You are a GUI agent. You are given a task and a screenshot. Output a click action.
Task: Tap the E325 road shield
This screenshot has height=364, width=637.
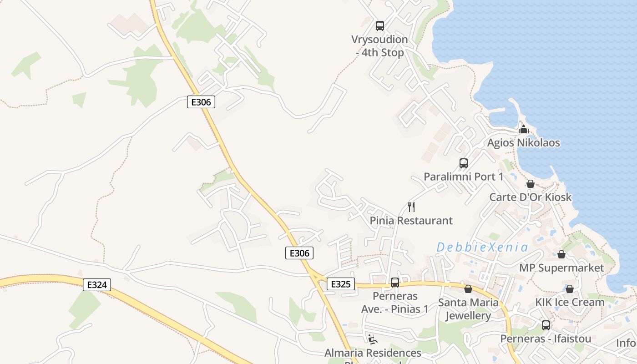(x=340, y=284)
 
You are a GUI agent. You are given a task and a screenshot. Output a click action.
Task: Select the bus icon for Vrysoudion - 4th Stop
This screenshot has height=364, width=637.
(x=380, y=26)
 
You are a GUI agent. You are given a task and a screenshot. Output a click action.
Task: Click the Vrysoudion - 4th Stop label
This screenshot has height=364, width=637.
(x=379, y=46)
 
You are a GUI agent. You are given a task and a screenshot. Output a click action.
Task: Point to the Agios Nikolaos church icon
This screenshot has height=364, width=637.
(x=524, y=129)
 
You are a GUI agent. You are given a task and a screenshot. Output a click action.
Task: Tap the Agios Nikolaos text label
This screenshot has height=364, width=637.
(x=523, y=143)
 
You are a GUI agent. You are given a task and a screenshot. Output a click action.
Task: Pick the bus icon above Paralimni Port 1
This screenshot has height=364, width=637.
(x=464, y=163)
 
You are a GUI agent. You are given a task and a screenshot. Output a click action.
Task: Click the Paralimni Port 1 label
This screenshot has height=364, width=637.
(x=463, y=177)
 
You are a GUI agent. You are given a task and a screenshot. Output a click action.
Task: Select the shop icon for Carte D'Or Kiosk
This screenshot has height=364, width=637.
(x=531, y=184)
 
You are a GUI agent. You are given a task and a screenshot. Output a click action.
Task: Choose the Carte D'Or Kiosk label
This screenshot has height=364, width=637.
(x=530, y=197)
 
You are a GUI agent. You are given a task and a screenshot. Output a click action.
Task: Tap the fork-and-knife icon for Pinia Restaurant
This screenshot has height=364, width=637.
(x=411, y=207)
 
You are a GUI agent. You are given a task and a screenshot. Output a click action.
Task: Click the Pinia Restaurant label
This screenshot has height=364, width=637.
(x=411, y=221)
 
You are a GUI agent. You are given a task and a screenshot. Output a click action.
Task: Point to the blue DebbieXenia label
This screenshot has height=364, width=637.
(x=482, y=248)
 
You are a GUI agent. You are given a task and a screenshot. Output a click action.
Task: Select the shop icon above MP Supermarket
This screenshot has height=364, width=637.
(x=561, y=254)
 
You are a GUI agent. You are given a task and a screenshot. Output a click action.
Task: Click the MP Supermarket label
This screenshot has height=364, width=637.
(x=561, y=268)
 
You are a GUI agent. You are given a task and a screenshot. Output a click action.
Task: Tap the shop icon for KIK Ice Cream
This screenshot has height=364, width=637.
(x=569, y=289)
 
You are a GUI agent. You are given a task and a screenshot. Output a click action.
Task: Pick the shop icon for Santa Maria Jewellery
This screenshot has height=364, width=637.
(x=468, y=289)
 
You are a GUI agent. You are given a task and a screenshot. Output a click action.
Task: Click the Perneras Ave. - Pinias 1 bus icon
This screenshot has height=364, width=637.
(x=395, y=283)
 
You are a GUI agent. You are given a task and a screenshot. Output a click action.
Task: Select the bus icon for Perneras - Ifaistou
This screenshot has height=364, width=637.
(x=546, y=325)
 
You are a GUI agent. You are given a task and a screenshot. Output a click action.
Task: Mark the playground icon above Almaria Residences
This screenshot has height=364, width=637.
(x=373, y=339)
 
